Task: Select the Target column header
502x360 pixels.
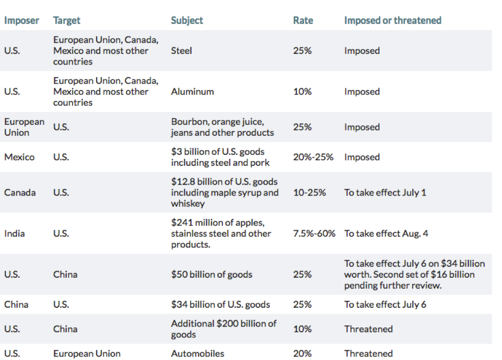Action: coord(67,21)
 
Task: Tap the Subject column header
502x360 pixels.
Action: coord(187,21)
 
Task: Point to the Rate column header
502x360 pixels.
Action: coord(303,21)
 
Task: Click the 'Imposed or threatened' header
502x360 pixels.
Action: coord(393,21)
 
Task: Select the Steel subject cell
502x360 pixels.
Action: coord(182,51)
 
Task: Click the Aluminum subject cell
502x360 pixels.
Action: coord(192,92)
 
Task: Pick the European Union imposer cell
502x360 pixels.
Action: coord(24,127)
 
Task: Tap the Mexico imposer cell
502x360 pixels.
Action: coord(19,157)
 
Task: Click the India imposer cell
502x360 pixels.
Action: coord(15,234)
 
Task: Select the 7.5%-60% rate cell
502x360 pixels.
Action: coord(314,234)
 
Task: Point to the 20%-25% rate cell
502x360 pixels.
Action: coord(313,157)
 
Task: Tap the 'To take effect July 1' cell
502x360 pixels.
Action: coord(385,193)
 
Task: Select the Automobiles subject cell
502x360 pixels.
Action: coord(197,354)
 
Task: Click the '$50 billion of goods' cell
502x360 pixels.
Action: coord(212,274)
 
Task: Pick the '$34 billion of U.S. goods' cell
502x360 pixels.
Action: coord(220,305)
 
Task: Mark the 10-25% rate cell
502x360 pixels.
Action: coord(310,193)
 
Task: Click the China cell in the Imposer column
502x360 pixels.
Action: coord(16,305)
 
